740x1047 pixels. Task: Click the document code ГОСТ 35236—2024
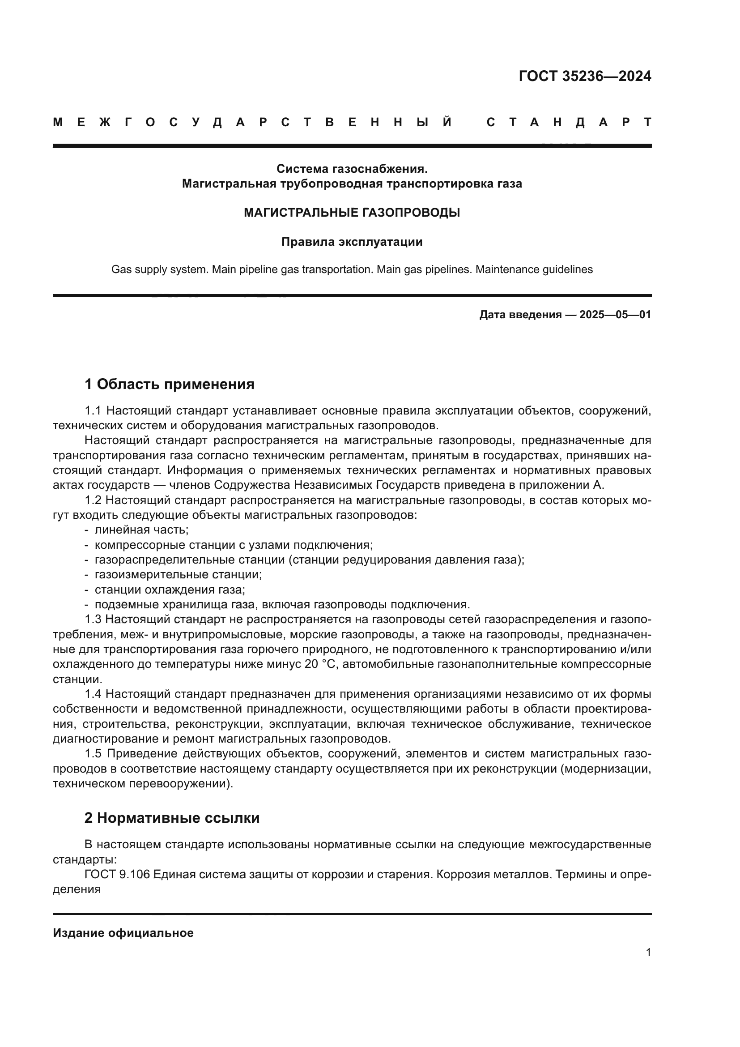pos(585,76)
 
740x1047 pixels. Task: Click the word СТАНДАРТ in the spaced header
pos(569,122)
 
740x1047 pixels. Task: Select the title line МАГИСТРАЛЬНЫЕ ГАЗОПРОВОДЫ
pos(352,213)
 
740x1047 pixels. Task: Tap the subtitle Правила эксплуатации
pos(352,242)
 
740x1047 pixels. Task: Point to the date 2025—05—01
pos(615,315)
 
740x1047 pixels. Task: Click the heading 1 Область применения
pos(169,385)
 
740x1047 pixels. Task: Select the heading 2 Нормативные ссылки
pos(172,818)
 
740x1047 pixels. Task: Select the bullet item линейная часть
pos(141,530)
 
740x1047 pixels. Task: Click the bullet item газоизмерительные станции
pos(178,575)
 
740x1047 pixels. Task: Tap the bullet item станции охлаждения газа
pos(170,590)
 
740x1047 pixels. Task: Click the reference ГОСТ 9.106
pos(117,875)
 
